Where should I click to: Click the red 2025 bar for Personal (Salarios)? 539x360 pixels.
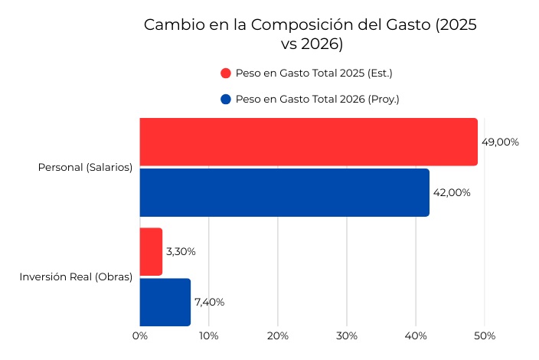pyautogui.click(x=308, y=142)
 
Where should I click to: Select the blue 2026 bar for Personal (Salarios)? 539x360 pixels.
pyautogui.click(x=284, y=192)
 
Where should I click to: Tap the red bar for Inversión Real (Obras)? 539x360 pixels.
pyautogui.click(x=151, y=251)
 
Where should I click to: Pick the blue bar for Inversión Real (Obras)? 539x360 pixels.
pyautogui.click(x=165, y=302)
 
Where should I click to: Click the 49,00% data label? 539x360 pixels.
pyautogui.click(x=500, y=142)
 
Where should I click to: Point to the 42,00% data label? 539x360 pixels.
pyautogui.click(x=452, y=192)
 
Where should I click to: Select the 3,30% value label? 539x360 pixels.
pyautogui.click(x=181, y=251)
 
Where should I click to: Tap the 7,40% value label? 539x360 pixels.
pyautogui.click(x=209, y=302)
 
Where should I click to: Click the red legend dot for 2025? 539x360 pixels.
pyautogui.click(x=225, y=74)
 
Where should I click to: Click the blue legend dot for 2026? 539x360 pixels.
pyautogui.click(x=225, y=100)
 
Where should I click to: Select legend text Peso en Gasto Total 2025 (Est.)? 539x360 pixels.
pyautogui.click(x=314, y=74)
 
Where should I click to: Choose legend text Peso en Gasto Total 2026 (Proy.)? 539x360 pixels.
pyautogui.click(x=317, y=100)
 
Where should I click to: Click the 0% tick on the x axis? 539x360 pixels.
pyautogui.click(x=139, y=335)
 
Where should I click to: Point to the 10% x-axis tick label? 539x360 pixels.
pyautogui.click(x=208, y=335)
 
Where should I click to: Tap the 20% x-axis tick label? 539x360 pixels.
pyautogui.click(x=277, y=335)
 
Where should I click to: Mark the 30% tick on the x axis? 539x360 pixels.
pyautogui.click(x=346, y=335)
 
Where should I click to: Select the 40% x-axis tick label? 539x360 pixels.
pyautogui.click(x=416, y=335)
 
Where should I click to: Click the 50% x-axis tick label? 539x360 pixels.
pyautogui.click(x=485, y=335)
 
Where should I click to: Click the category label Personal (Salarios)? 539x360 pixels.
pyautogui.click(x=85, y=167)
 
